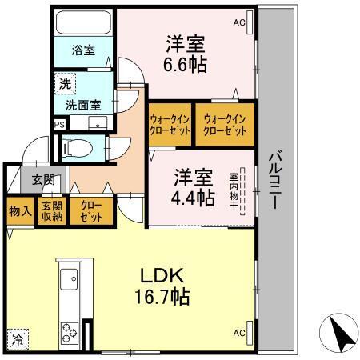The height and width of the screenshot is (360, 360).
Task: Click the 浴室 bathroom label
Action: [x=83, y=50]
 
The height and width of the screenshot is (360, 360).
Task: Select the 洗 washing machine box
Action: [x=62, y=81]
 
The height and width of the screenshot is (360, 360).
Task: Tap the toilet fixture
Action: [x=77, y=147]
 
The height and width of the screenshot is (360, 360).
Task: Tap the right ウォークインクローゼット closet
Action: [x=226, y=125]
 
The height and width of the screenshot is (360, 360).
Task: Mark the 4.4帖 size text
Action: [x=194, y=197]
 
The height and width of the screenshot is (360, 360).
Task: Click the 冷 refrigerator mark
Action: [x=17, y=338]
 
